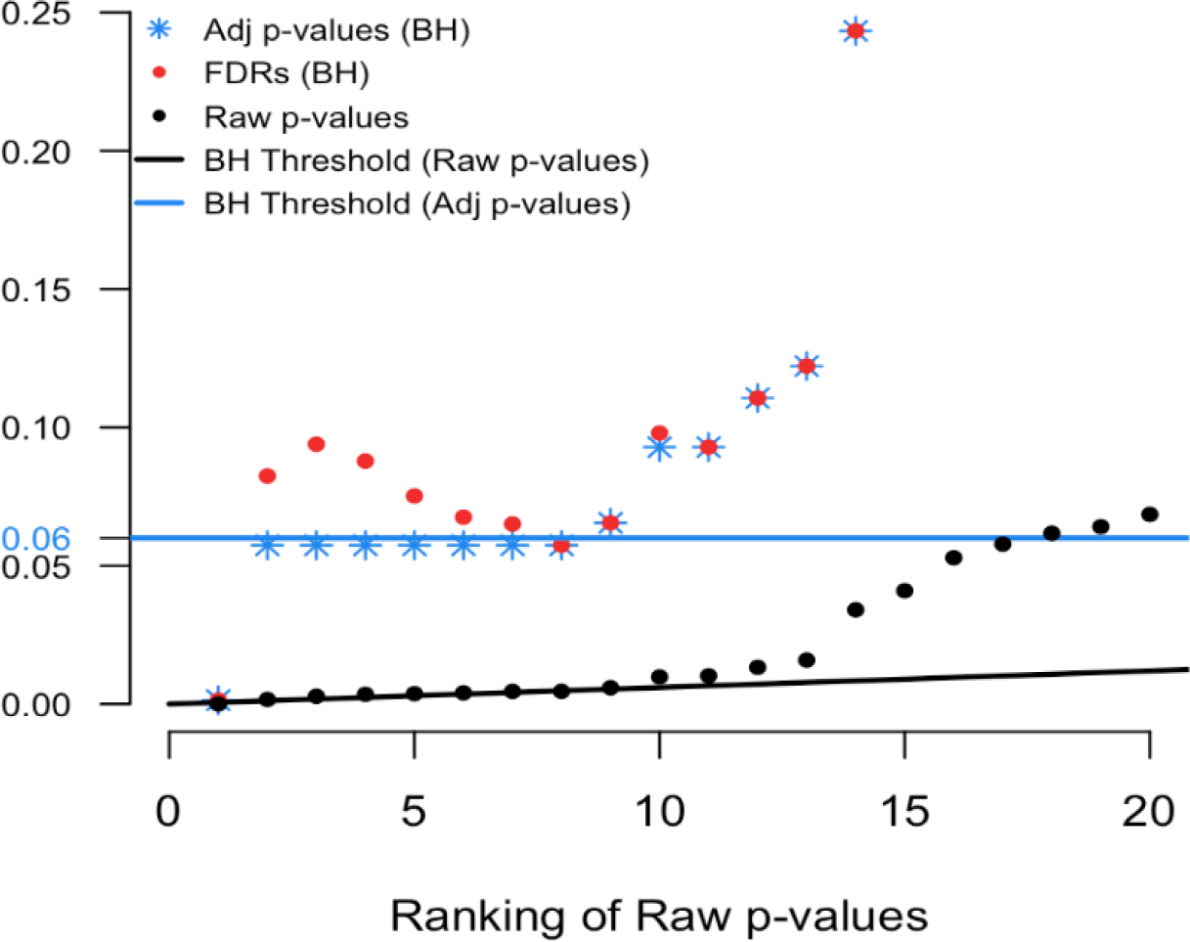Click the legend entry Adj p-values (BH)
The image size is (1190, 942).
[338, 31]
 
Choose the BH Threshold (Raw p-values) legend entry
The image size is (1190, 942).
[427, 160]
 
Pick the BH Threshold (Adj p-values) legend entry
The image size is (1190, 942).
[416, 205]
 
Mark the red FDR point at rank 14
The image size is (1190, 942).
[856, 31]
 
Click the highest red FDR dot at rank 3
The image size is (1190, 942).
[316, 444]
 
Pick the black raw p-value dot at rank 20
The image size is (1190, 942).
[1150, 515]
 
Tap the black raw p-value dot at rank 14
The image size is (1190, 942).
[856, 609]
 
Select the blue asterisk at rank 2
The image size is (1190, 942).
[267, 545]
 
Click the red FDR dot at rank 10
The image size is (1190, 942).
[659, 433]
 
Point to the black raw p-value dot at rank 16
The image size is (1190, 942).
[953, 558]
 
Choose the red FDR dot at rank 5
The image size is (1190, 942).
[414, 496]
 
